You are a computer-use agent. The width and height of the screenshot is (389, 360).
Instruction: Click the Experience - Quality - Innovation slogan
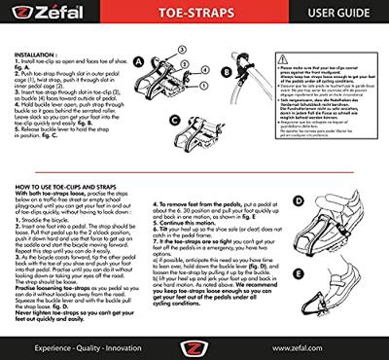point(73,344)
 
